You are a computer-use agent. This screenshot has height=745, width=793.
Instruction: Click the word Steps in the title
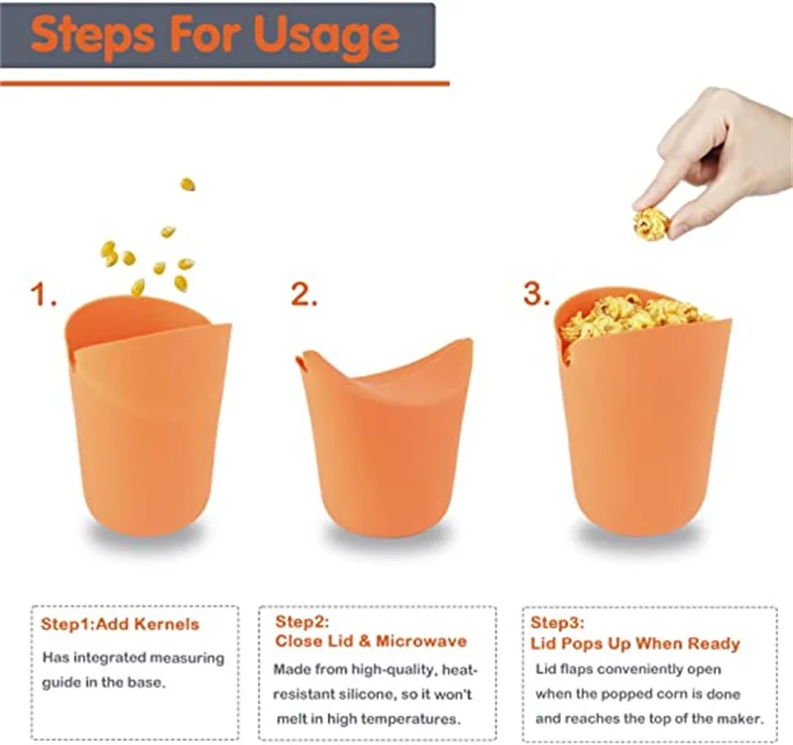click(x=93, y=36)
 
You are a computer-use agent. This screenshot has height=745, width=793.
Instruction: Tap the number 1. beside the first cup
click(x=44, y=294)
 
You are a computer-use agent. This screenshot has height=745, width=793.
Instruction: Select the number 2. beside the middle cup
click(x=304, y=294)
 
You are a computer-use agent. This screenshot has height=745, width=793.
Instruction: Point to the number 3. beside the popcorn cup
click(x=536, y=293)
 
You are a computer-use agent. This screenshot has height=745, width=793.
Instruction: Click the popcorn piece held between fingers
click(x=651, y=222)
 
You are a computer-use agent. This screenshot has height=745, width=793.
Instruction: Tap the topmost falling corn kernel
click(x=188, y=184)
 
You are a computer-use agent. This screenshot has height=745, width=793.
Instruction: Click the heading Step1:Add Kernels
click(x=120, y=624)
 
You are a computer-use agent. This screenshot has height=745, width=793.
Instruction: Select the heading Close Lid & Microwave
click(x=371, y=641)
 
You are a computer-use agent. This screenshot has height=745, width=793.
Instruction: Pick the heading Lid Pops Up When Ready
click(x=634, y=643)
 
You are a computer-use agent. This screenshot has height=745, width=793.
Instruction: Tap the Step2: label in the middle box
click(x=302, y=621)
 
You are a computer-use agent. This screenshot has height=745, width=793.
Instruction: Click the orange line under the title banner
click(x=225, y=83)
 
